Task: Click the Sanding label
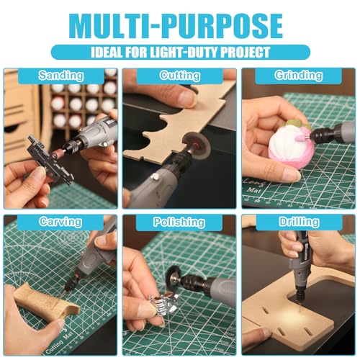(61, 76)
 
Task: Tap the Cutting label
(179, 76)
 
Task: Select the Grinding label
(297, 76)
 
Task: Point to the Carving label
(61, 222)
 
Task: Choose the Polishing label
(179, 222)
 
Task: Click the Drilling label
(297, 222)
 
